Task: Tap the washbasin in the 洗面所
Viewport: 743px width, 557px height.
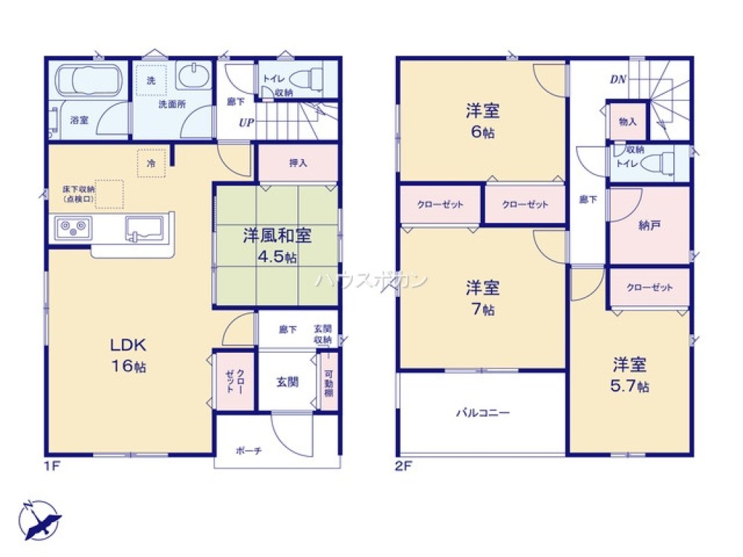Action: click(x=195, y=76)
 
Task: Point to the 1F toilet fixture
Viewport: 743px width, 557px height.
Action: click(x=311, y=77)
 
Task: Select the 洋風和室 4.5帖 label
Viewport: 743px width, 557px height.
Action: click(x=276, y=246)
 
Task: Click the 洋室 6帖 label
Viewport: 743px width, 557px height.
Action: click(x=482, y=121)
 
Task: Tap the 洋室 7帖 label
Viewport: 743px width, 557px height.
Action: click(x=482, y=296)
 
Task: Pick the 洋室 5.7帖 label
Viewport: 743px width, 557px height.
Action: click(x=630, y=374)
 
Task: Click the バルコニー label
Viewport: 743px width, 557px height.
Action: click(x=482, y=413)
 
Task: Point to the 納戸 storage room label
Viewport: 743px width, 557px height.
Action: click(x=649, y=228)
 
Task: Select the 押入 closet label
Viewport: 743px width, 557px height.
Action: click(x=298, y=163)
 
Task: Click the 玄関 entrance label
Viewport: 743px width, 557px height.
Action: click(x=288, y=382)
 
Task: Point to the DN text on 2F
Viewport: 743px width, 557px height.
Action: click(x=617, y=79)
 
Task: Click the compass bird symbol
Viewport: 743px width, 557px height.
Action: click(x=39, y=518)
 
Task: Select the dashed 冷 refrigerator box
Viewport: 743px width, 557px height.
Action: click(x=151, y=163)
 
